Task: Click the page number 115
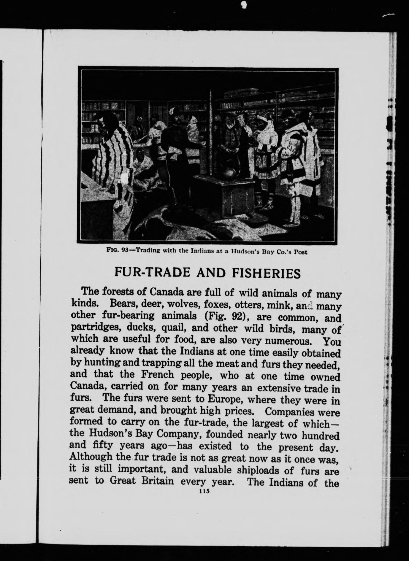[x=204, y=491]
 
